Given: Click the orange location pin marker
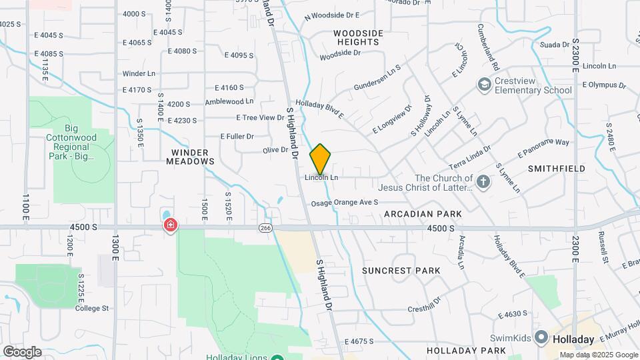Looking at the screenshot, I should (x=321, y=159).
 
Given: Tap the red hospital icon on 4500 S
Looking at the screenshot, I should (x=171, y=226).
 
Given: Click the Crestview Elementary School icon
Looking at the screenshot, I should (x=483, y=85).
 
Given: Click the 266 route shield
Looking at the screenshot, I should (x=266, y=228).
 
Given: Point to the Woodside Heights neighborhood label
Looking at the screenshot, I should (x=358, y=37).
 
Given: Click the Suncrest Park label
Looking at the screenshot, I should (x=401, y=271).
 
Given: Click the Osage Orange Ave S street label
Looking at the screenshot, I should (x=345, y=202).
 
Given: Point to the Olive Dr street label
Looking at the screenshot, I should (x=275, y=150).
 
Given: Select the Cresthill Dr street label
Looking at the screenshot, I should (x=434, y=309).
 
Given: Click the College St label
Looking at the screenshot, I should (x=91, y=308).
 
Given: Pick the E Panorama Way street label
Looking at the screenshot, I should (x=543, y=148).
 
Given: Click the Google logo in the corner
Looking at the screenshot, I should (x=22, y=351).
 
